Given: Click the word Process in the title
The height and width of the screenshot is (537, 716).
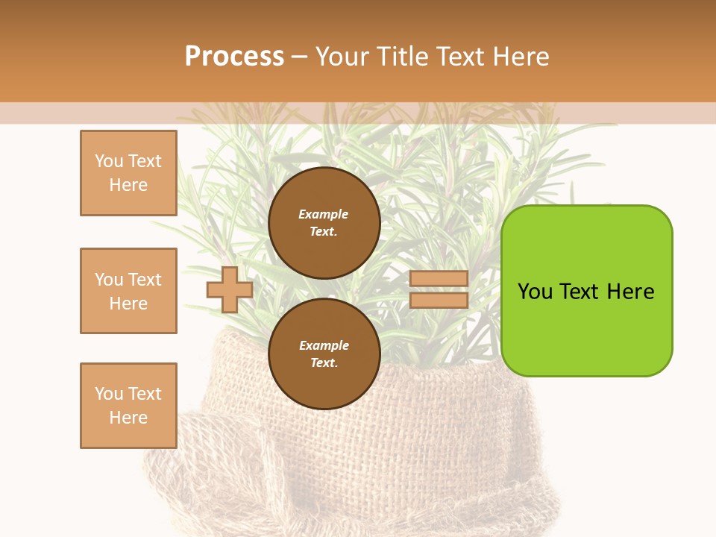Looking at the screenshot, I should tap(234, 57).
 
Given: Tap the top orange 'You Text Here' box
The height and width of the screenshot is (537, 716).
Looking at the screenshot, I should tap(128, 173).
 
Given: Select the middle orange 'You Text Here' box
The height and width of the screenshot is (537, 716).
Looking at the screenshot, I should tap(128, 291).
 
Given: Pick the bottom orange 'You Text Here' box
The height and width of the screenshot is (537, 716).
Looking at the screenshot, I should tap(128, 406).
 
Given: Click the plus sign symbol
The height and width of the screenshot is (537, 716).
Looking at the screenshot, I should tap(230, 289).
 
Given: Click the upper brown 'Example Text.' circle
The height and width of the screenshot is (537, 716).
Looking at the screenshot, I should tap(324, 223).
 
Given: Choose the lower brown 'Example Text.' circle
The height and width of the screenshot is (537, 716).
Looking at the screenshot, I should tap(324, 354).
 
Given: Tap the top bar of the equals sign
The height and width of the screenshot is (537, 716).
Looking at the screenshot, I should tap(439, 279).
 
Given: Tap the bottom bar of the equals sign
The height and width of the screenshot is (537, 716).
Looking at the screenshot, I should tap(439, 301).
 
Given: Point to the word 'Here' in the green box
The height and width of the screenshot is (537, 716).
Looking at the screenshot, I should tap(630, 292).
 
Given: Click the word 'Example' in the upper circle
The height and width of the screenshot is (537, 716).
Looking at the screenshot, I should tap(324, 215).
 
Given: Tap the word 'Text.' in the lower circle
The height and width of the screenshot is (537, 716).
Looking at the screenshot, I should tap(324, 363).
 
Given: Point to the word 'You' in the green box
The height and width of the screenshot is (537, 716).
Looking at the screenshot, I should tap(535, 292).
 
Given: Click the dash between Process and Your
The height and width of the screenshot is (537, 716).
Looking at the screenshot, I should tap(299, 57).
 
